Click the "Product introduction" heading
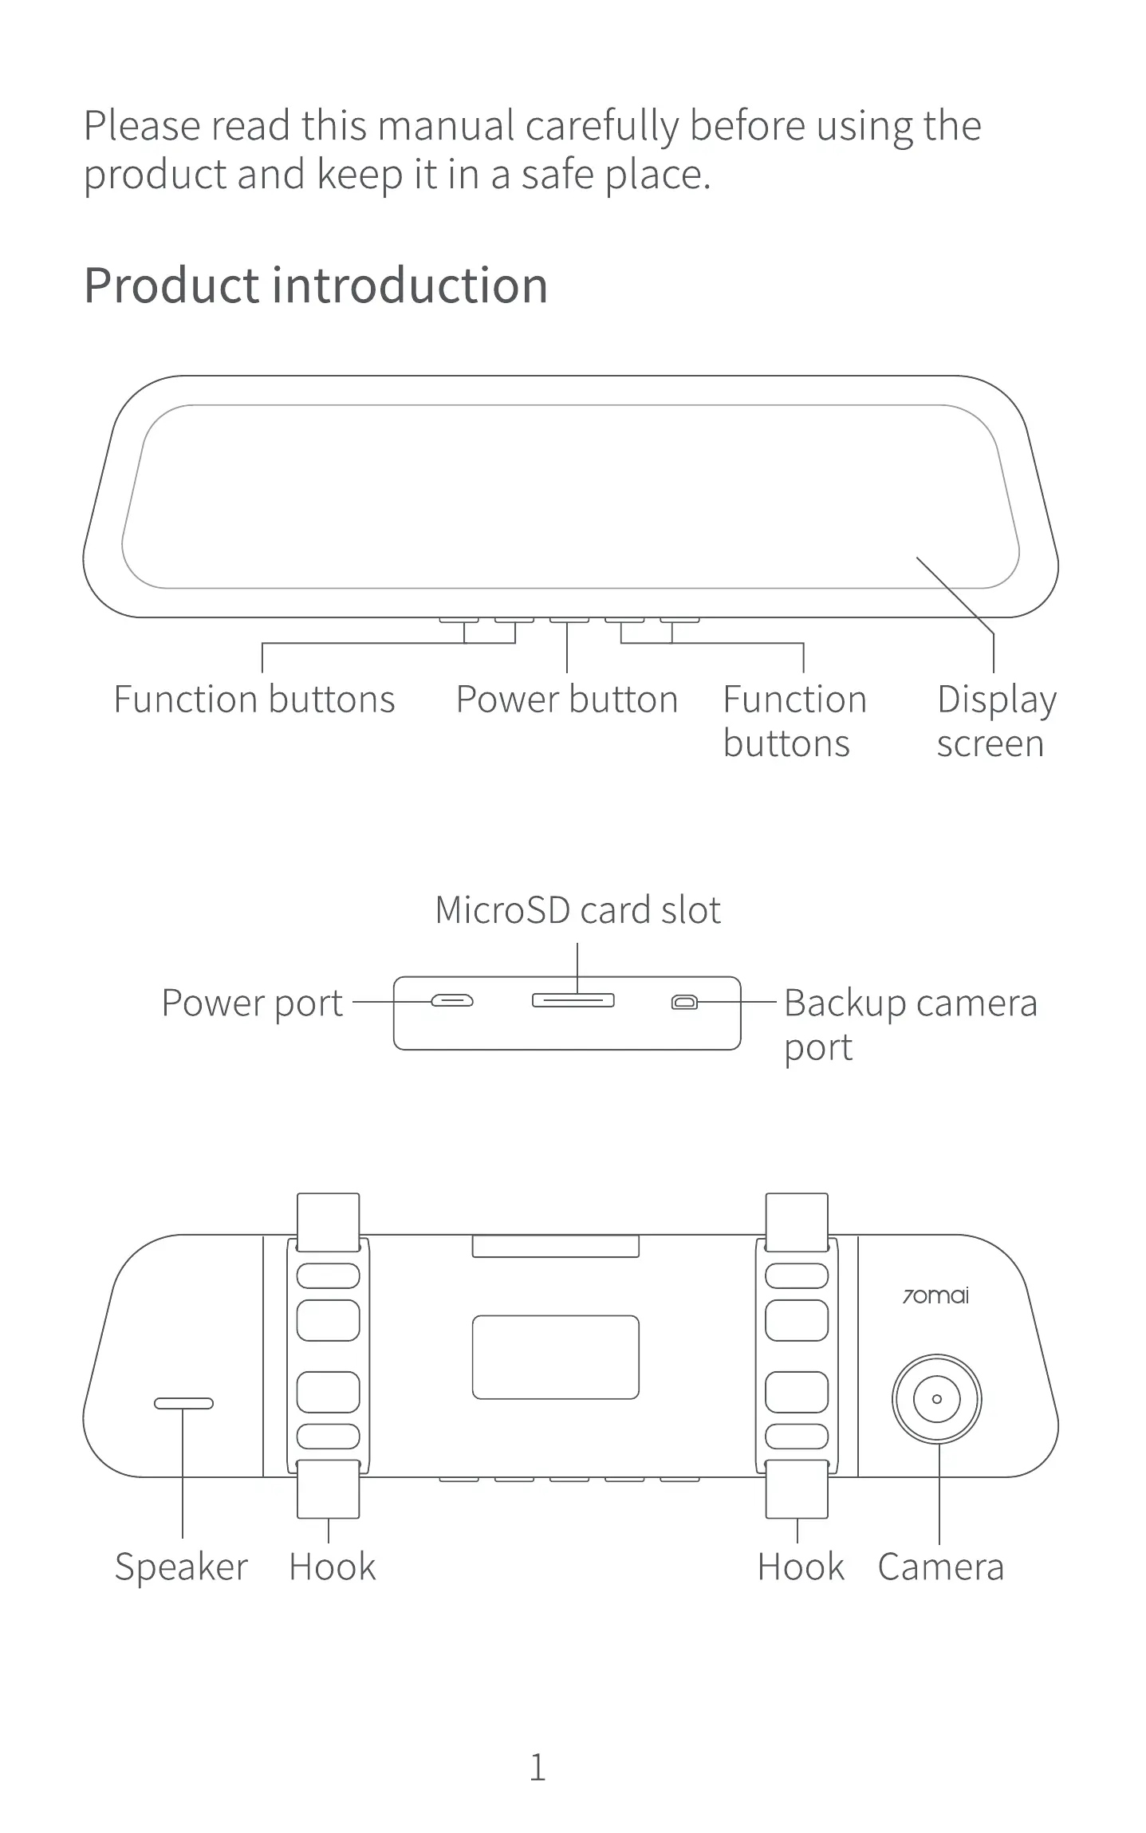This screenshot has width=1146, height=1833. click(316, 286)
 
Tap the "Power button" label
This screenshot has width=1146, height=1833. click(566, 700)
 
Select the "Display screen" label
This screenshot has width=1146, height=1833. click(995, 721)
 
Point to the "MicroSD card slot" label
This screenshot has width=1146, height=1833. click(577, 910)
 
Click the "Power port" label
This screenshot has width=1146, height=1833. click(252, 1003)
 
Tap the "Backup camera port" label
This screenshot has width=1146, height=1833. click(909, 1024)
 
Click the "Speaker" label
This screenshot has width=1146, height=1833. click(181, 1567)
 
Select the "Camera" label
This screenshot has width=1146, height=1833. click(940, 1567)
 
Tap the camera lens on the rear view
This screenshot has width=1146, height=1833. click(936, 1398)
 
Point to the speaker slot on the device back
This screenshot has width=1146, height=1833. click(183, 1403)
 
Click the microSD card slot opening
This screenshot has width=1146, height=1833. click(573, 1000)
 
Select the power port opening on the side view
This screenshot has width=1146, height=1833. click(452, 1000)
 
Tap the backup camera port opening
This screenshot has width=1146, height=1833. click(684, 1002)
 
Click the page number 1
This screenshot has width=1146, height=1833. click(538, 1768)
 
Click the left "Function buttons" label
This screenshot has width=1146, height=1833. click(254, 700)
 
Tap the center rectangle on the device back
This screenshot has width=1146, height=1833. click(555, 1357)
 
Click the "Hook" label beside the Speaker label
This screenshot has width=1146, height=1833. click(332, 1567)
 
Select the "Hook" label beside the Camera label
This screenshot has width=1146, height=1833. click(800, 1567)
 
